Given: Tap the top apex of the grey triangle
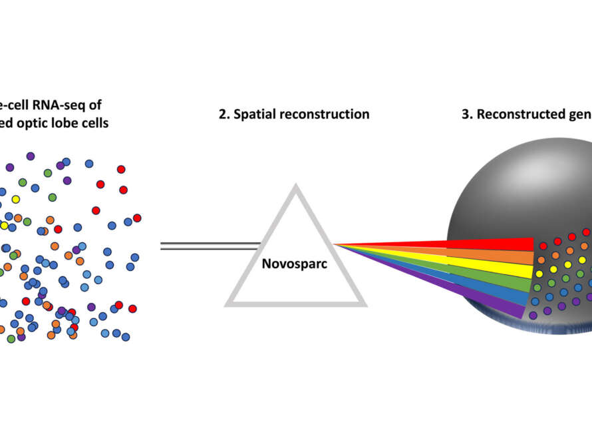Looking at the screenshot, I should pos(295,188).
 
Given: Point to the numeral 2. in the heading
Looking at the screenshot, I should pos(224,114).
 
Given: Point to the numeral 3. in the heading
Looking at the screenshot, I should pos(468,114).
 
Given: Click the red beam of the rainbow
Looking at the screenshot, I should pos(466,245).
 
